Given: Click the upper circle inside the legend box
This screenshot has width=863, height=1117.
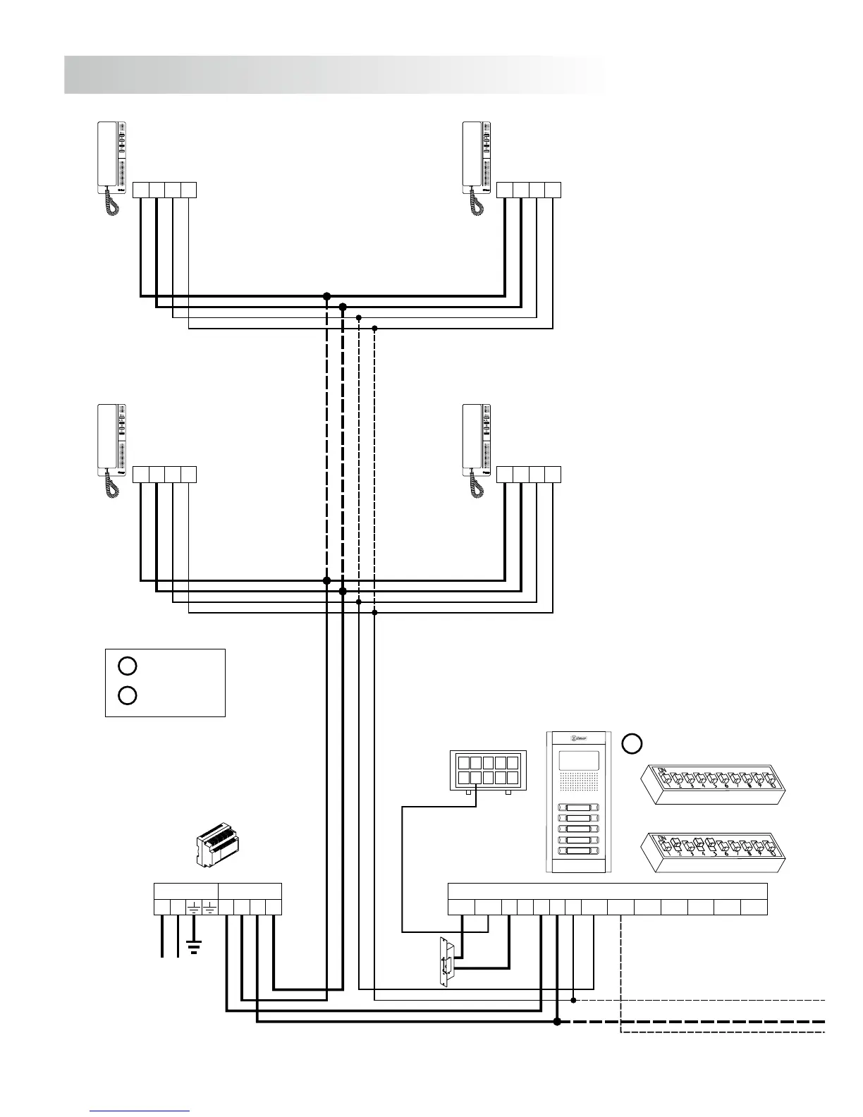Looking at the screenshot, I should (x=127, y=666).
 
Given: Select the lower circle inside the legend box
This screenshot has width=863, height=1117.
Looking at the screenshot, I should (x=127, y=696).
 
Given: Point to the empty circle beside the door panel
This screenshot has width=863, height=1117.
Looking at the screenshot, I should (x=632, y=743).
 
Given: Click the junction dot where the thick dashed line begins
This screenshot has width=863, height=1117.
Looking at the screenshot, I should (x=556, y=1021).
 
